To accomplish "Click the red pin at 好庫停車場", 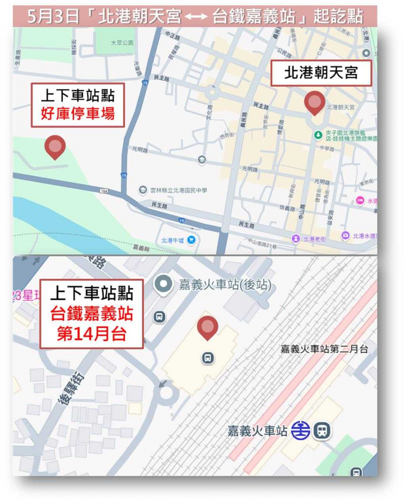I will tap(55, 147).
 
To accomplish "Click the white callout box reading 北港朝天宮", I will tap(321, 73).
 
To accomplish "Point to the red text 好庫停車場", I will tap(77, 114).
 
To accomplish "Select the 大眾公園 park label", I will tap(122, 43).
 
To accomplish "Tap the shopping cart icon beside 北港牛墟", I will tap(191, 239).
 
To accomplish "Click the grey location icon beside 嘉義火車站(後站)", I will tap(163, 285).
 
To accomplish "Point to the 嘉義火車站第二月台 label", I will tap(324, 349).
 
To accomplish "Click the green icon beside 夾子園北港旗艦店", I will tap(317, 135).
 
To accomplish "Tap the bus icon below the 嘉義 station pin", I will tap(208, 357).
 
